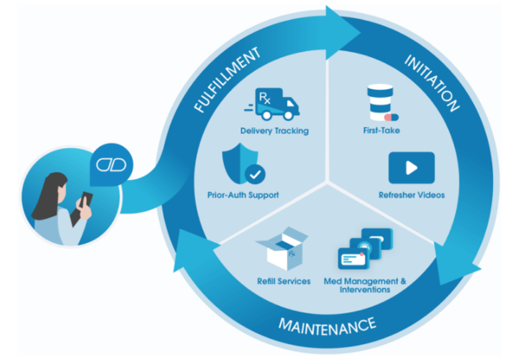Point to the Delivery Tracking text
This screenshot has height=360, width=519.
click(x=274, y=132)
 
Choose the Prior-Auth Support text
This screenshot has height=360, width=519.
click(x=243, y=195)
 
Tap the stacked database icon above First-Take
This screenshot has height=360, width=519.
click(x=378, y=103)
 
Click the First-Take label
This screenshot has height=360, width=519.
click(x=381, y=132)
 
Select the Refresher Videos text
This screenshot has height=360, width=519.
click(x=411, y=195)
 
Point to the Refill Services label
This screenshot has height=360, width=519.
click(x=284, y=281)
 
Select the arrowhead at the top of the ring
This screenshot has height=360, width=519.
click(x=343, y=29)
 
